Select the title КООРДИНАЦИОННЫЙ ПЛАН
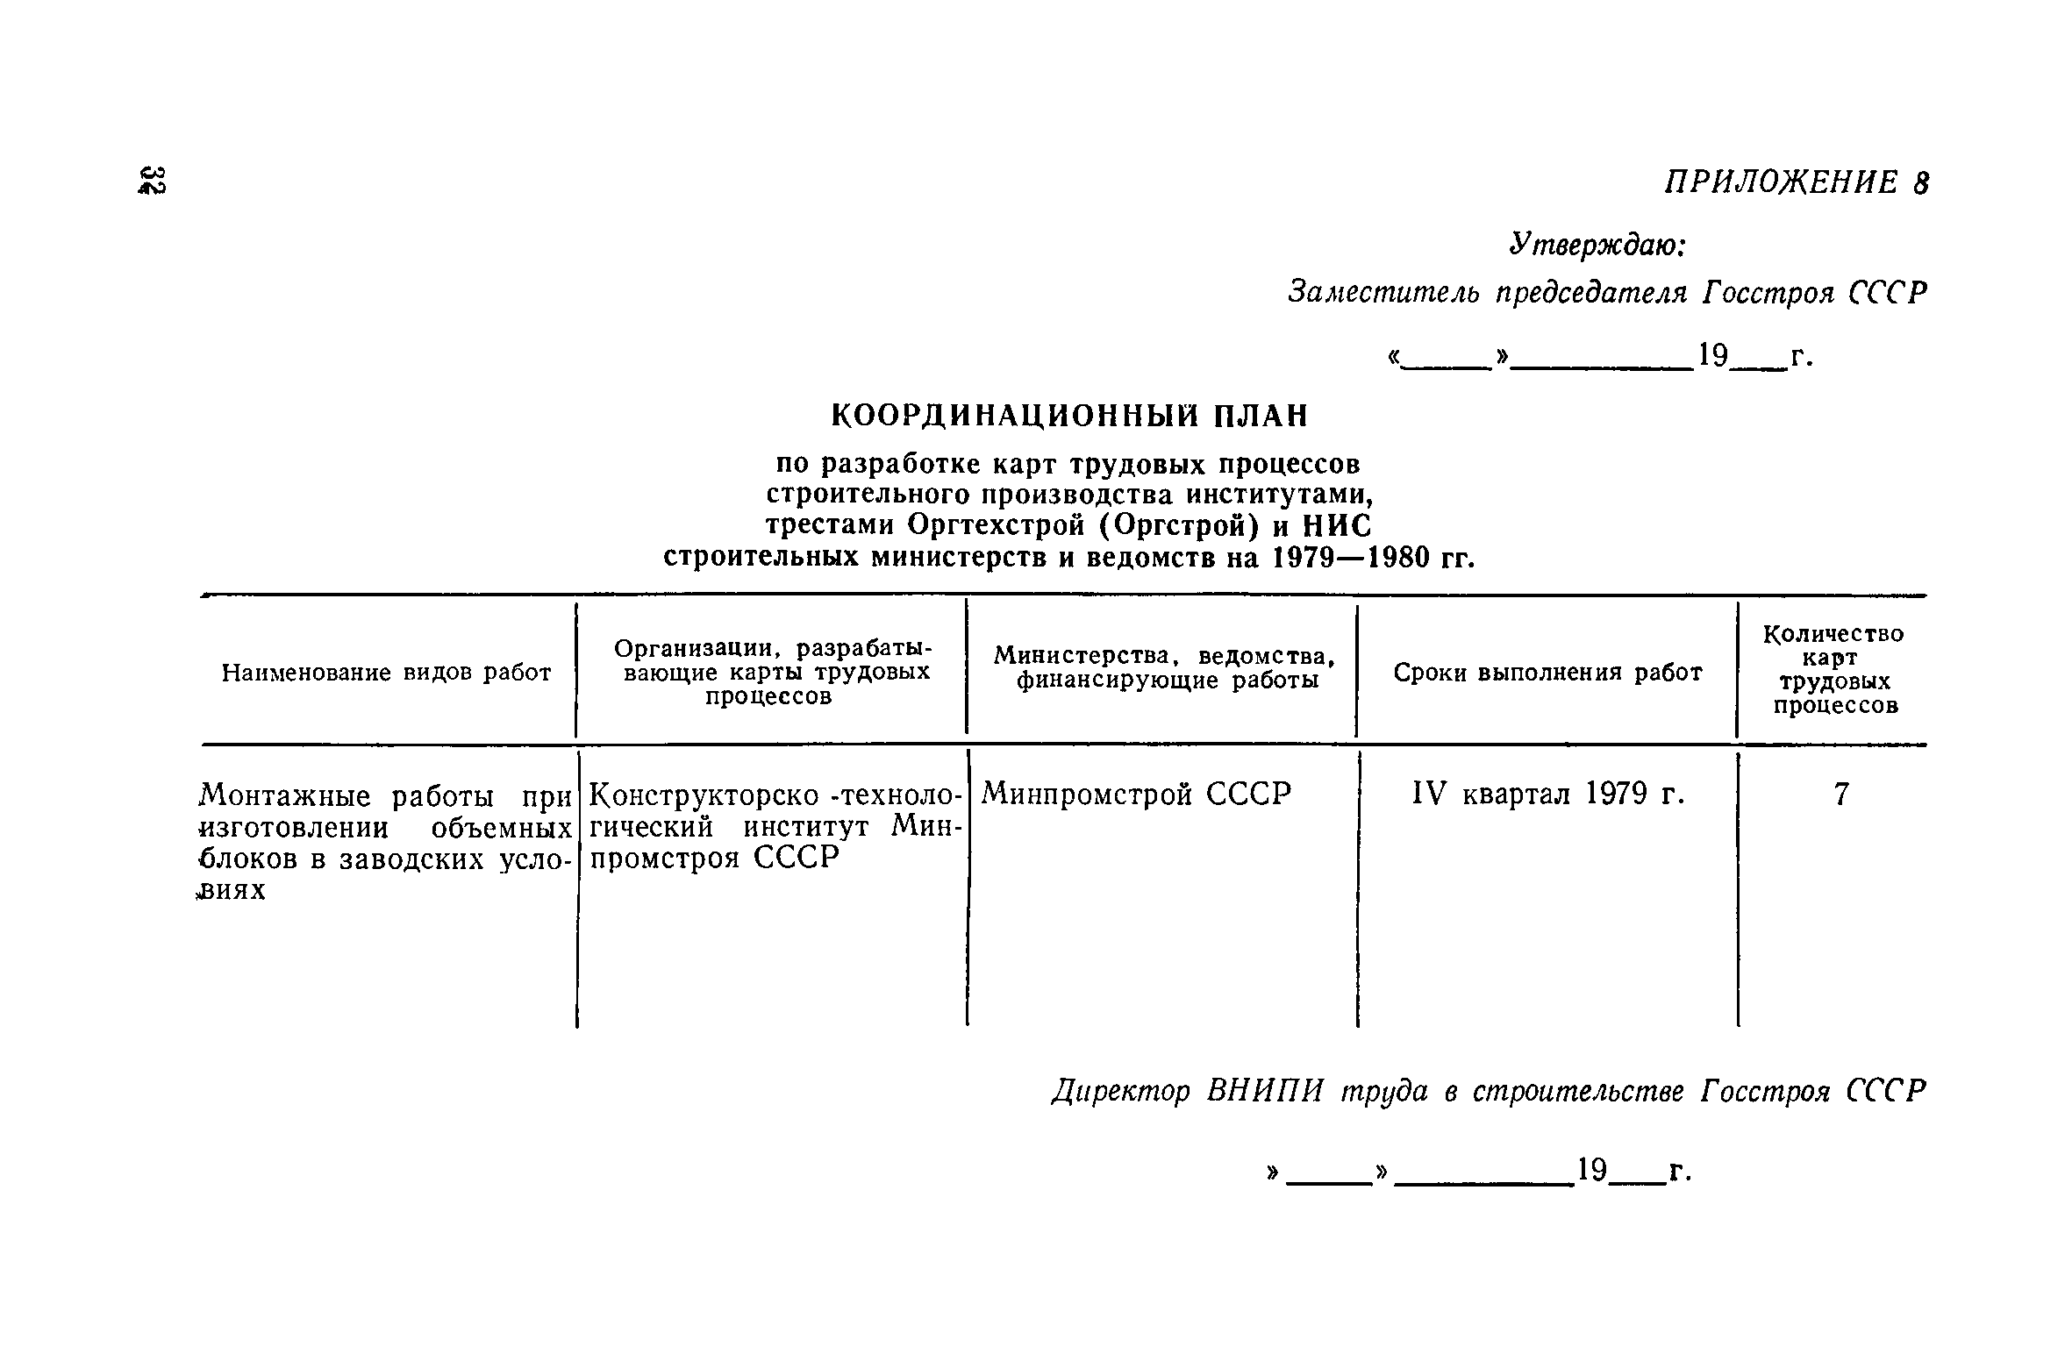click(1068, 416)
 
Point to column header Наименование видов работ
click(386, 673)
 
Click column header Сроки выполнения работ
click(1547, 673)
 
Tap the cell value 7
click(1841, 795)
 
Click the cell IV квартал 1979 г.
click(1548, 795)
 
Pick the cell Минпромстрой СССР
click(1136, 795)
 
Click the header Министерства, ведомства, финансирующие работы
click(1163, 668)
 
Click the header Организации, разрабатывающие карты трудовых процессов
click(771, 672)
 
